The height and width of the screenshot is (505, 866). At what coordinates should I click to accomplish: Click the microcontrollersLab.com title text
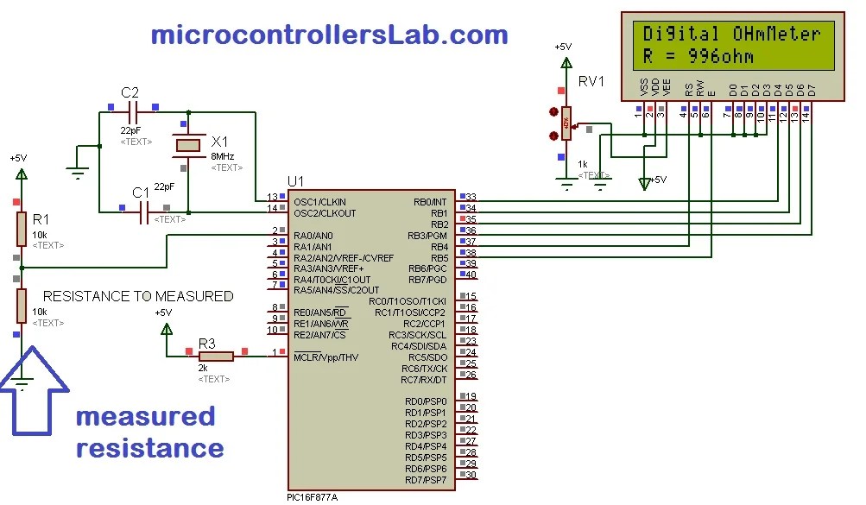[329, 35]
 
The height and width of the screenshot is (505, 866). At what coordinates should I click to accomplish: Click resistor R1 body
[22, 229]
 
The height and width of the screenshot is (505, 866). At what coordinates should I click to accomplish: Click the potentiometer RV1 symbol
[566, 123]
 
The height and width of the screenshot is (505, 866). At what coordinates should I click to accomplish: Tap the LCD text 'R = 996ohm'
[698, 58]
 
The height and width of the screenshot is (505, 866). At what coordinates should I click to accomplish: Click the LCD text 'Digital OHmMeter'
[730, 35]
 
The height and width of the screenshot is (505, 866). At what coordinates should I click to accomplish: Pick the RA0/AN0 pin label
[313, 235]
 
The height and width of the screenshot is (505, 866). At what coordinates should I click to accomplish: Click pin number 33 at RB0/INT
[471, 198]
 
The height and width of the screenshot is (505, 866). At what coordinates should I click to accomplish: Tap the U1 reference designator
[295, 180]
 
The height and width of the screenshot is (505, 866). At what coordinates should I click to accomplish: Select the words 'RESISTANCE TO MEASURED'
[138, 296]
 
